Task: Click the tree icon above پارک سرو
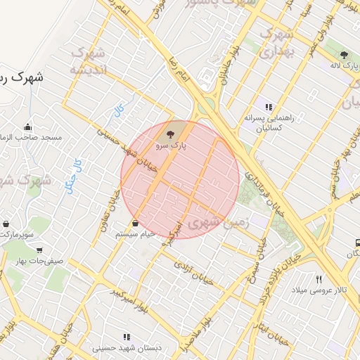tap(170, 134)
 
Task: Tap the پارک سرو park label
tap(170, 146)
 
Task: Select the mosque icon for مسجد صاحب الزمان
tap(27, 127)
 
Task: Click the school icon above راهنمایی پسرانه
tap(268, 107)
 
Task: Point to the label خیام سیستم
tap(136, 233)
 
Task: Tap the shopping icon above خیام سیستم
tap(135, 222)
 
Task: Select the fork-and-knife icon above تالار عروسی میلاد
tap(319, 279)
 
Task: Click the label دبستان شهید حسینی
tap(126, 348)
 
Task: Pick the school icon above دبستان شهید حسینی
tap(127, 337)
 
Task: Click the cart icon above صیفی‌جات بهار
tap(39, 249)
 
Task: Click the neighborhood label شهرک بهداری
tap(275, 42)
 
